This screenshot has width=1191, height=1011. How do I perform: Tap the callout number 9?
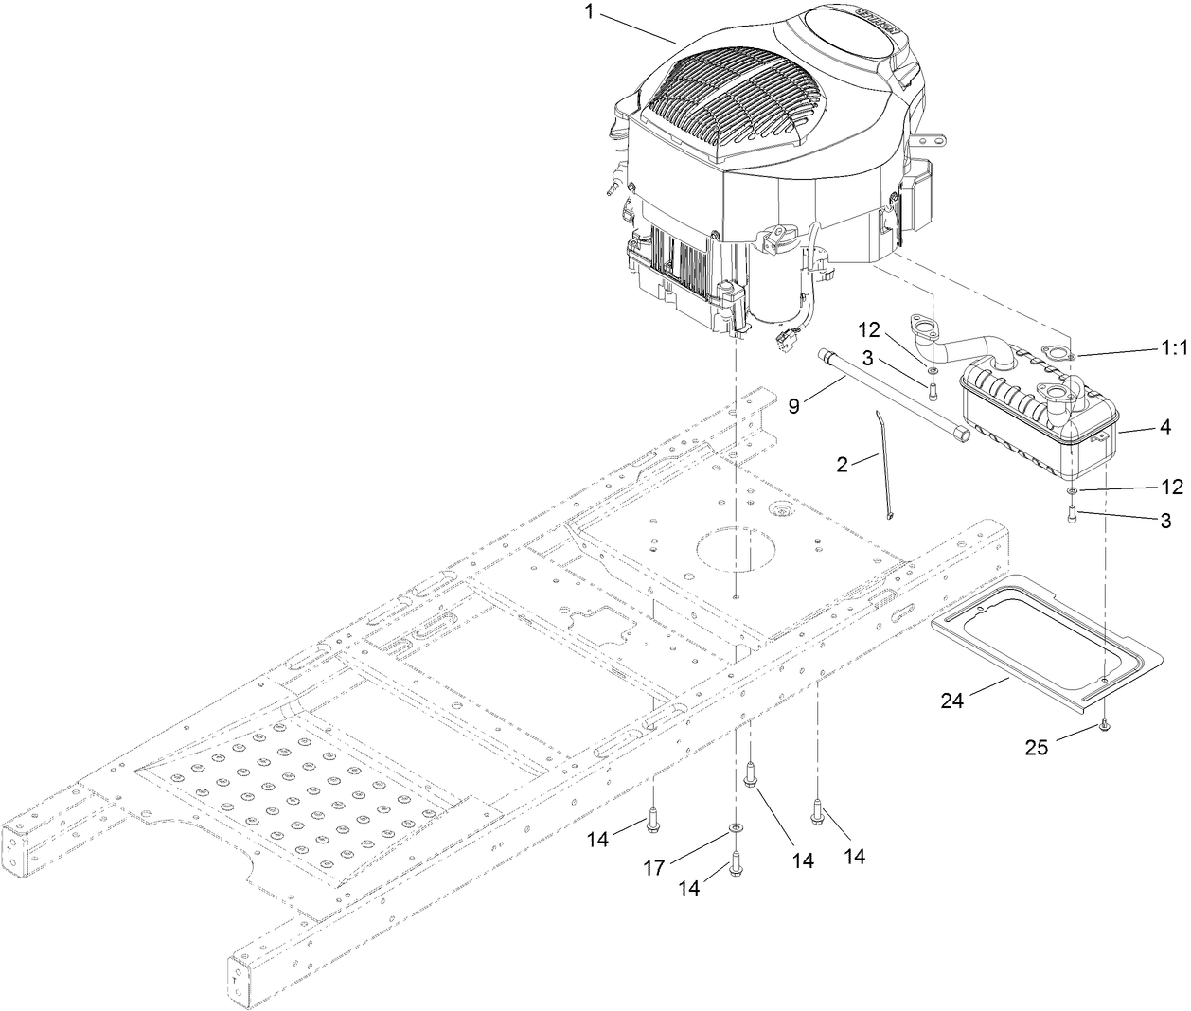click(x=794, y=404)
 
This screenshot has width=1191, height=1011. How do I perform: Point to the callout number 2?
click(x=842, y=464)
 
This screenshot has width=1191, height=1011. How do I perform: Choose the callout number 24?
click(x=952, y=701)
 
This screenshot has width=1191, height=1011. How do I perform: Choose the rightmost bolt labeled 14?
click(x=817, y=809)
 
